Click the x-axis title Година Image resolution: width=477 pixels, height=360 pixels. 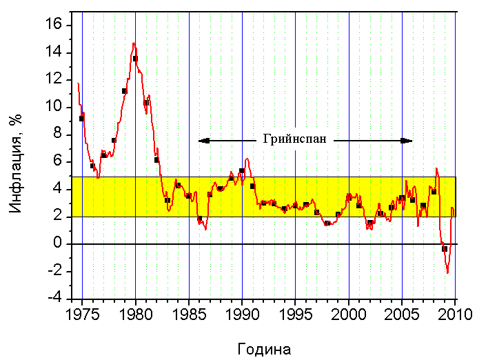point(263,348)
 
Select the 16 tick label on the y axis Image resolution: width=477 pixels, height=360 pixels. point(55,26)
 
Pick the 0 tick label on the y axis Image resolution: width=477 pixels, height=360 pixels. point(59,244)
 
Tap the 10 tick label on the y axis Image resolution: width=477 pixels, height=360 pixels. point(55,108)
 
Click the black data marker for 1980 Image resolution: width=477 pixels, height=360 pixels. point(135,59)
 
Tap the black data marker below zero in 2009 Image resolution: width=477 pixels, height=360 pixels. point(445,249)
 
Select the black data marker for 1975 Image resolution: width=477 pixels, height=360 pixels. point(82,119)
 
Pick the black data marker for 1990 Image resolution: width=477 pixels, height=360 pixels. point(242,170)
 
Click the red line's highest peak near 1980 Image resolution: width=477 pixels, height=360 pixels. point(134,43)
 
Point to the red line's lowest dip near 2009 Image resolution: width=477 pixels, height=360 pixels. point(447,272)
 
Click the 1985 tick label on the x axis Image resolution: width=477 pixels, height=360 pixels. point(189,314)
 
